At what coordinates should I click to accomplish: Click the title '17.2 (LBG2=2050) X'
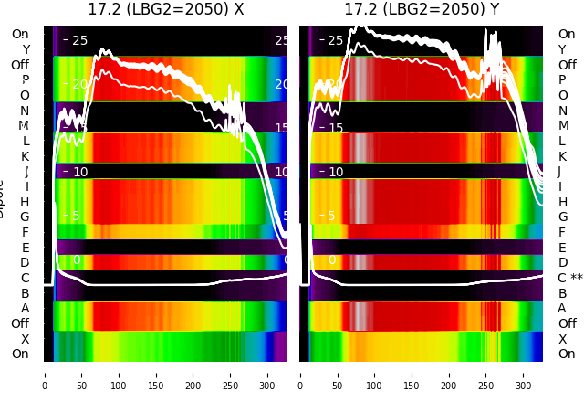click(x=165, y=10)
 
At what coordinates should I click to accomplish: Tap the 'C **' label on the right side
click(x=569, y=278)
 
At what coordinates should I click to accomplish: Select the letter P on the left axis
click(x=25, y=80)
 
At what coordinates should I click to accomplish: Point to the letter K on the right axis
click(x=562, y=156)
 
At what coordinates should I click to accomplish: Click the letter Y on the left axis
click(x=25, y=49)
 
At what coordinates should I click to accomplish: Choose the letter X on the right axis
click(x=562, y=339)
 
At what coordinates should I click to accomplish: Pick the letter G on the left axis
click(x=25, y=217)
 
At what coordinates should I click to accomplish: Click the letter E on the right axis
click(x=562, y=248)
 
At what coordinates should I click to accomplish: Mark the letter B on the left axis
click(x=25, y=293)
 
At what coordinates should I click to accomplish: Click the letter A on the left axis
click(x=25, y=309)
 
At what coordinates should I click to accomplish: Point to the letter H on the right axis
click(x=562, y=202)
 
